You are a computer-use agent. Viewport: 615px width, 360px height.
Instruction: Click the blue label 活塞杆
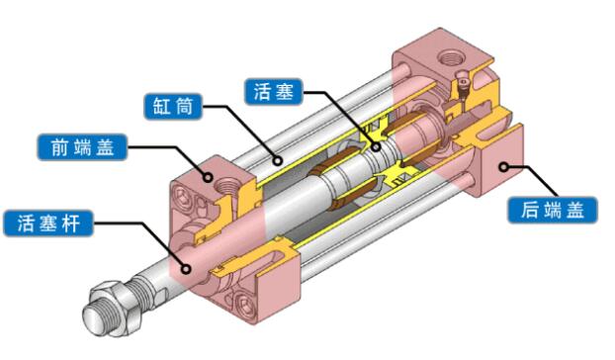48,224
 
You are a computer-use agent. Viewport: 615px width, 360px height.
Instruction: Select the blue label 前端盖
82,147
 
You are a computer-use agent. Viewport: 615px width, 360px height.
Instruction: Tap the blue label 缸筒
173,106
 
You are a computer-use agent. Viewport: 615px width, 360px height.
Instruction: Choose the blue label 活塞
273,92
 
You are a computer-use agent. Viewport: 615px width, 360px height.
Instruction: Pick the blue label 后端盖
553,211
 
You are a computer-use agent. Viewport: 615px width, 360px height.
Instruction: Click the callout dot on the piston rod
187,269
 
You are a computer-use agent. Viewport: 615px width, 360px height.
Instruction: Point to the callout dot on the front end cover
209,177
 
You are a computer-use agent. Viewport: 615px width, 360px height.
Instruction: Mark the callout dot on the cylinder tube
278,160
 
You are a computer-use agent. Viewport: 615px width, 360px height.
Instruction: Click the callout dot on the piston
376,147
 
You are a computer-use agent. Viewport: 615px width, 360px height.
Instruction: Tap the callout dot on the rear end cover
504,167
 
